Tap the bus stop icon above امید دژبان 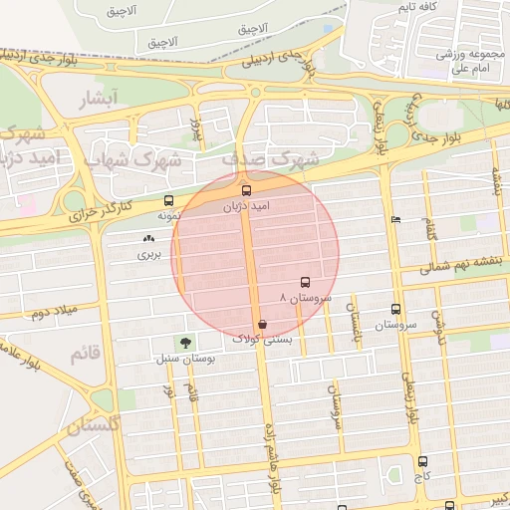(246, 189)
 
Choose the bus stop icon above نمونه (167, 200)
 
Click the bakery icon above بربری (149, 239)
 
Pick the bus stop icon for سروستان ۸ (305, 283)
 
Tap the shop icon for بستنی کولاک (261, 324)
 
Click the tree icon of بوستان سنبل (183, 342)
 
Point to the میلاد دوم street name (52, 315)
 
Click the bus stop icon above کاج (423, 461)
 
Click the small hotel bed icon (396, 219)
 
